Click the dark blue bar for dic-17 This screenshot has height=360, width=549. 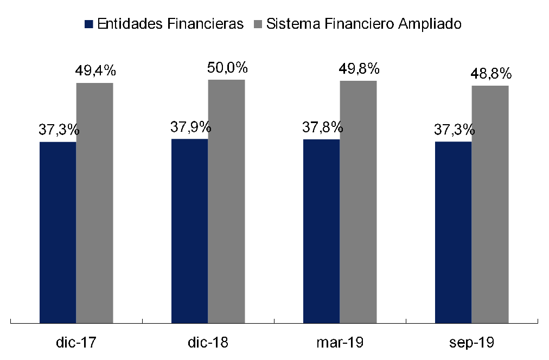coord(58,233)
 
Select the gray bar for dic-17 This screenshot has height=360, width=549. coord(94,203)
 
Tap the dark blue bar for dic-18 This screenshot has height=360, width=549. coord(189,231)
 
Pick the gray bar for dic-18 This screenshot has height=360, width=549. coord(226,202)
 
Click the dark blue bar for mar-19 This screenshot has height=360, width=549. coord(321,232)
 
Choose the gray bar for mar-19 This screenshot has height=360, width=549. coord(358,202)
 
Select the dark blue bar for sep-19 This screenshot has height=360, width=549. coord(453,233)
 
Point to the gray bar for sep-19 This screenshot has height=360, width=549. coord(490,204)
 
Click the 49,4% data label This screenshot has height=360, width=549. coord(96,71)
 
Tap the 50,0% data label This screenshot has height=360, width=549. coord(228,68)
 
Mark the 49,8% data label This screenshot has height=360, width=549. coord(359,69)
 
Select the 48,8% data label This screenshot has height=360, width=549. coord(491,74)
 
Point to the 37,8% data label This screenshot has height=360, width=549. coord(323,127)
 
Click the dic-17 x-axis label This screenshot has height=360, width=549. coord(76,343)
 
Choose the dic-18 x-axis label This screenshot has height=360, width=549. coord(208,343)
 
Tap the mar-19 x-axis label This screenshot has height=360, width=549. coord(340,343)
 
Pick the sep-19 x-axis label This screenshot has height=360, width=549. coord(471,343)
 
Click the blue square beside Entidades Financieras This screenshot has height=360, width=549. coord(90,24)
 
